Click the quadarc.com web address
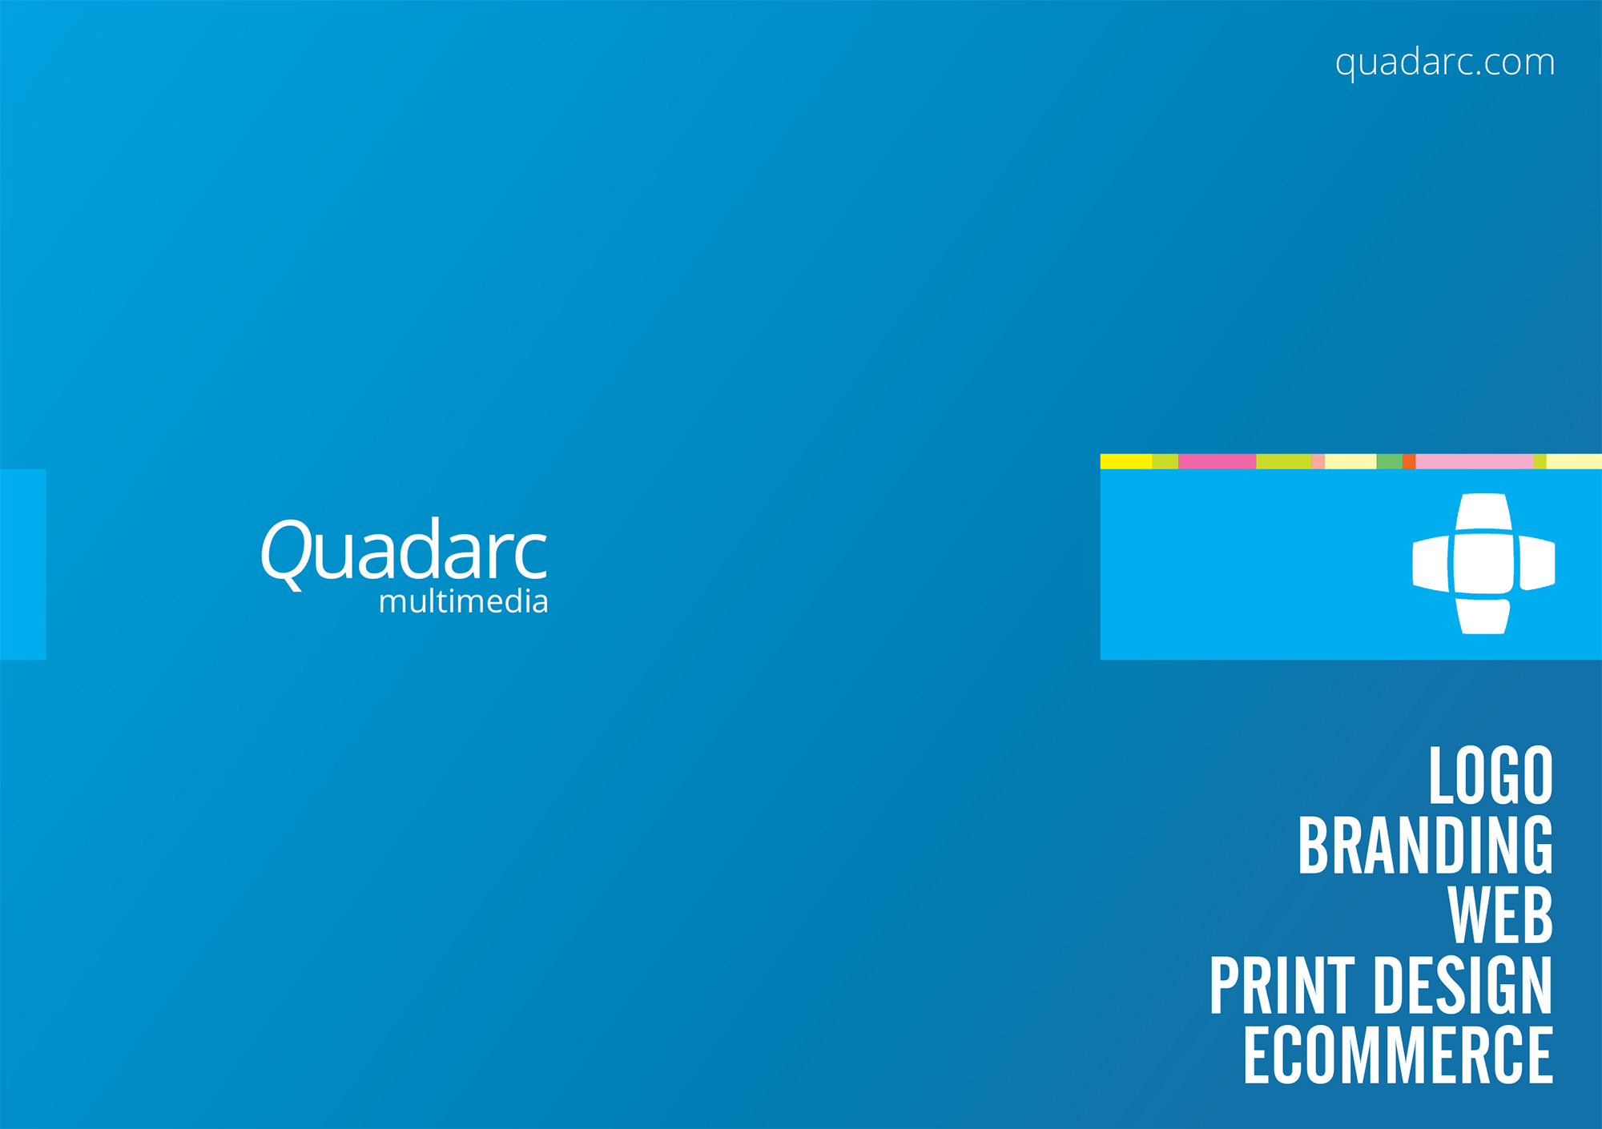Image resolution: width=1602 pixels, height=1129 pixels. click(x=1445, y=63)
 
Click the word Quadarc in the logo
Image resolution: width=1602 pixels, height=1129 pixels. click(x=404, y=552)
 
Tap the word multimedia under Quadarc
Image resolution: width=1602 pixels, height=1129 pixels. click(x=463, y=601)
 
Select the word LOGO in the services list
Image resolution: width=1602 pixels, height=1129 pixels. click(x=1491, y=775)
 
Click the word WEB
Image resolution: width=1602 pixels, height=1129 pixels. click(x=1500, y=915)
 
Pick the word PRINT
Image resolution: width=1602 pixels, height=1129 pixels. click(x=1282, y=986)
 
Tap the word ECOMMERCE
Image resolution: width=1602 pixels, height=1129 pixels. click(x=1399, y=1055)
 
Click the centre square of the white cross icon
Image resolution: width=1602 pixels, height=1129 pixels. click(x=1483, y=564)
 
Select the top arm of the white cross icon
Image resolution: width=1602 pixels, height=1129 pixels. click(x=1483, y=512)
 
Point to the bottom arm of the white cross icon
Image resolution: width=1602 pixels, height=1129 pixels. click(x=1483, y=617)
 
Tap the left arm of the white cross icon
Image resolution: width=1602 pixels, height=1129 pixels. click(x=1431, y=564)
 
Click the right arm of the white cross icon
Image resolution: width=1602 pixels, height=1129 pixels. click(x=1537, y=564)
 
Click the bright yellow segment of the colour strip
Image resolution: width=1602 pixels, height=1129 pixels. click(x=1126, y=461)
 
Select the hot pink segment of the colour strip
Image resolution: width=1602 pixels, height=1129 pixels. click(x=1217, y=461)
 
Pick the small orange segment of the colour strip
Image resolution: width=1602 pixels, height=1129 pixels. click(x=1409, y=461)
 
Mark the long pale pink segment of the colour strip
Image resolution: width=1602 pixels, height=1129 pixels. click(x=1475, y=461)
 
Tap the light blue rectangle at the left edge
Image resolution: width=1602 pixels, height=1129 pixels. click(x=22, y=564)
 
